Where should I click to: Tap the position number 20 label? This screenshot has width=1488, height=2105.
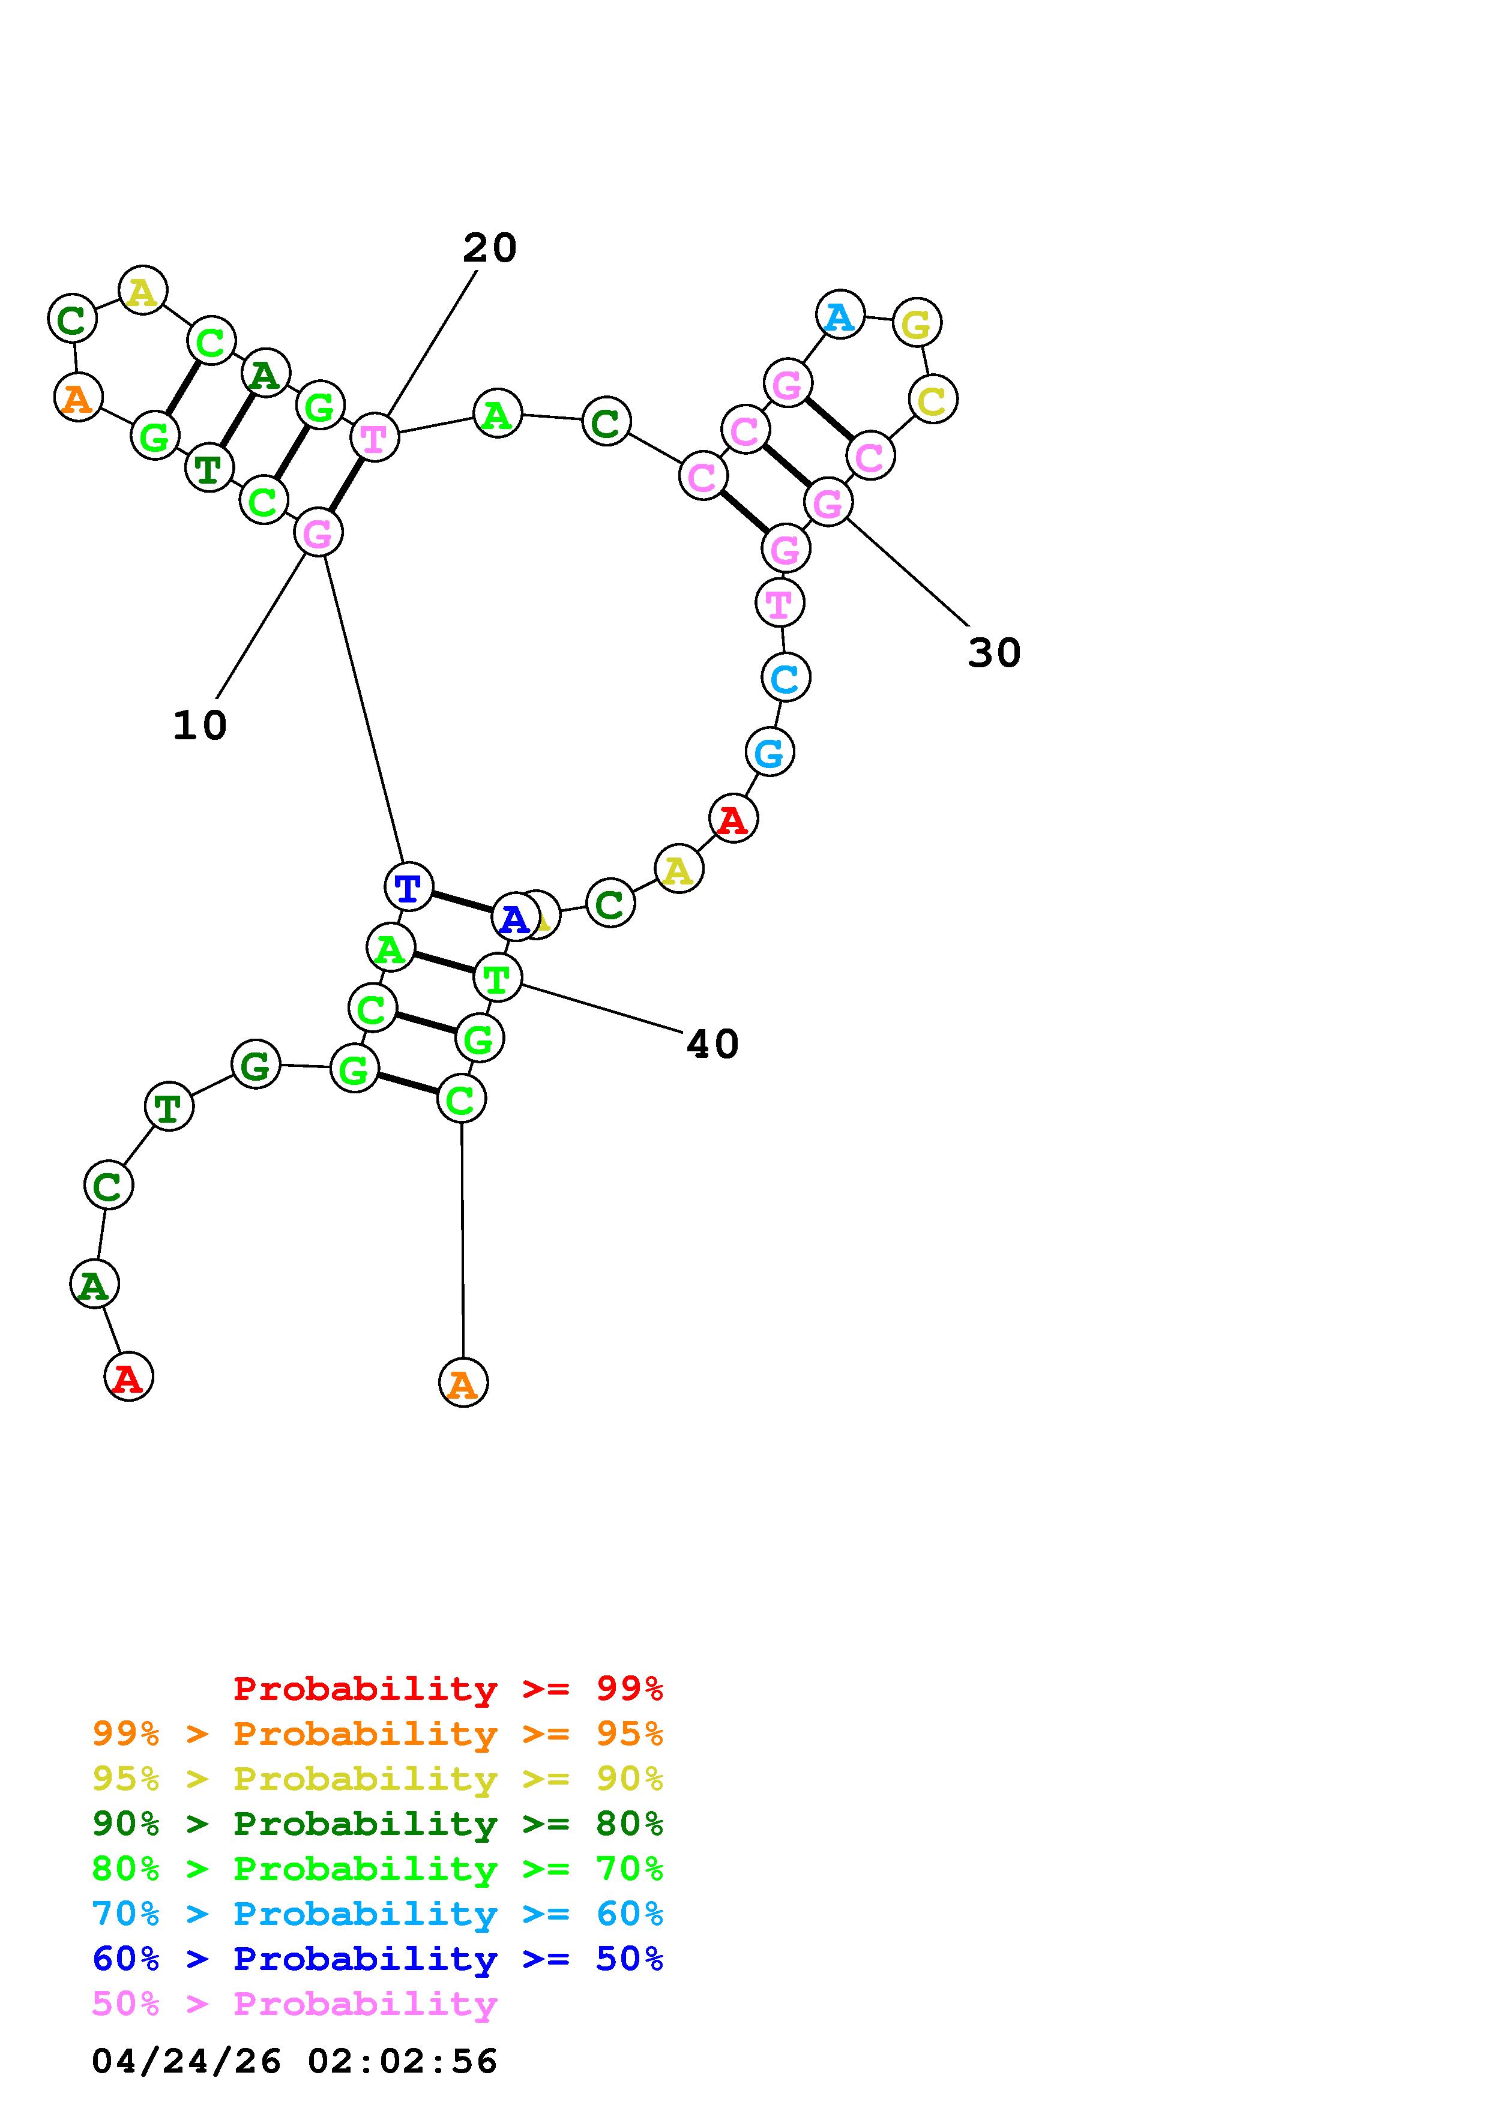click(490, 248)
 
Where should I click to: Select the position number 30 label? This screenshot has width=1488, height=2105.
click(994, 653)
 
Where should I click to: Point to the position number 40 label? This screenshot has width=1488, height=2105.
click(712, 1043)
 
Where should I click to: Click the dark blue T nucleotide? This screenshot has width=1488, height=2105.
click(408, 886)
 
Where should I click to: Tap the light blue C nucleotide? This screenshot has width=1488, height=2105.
click(786, 677)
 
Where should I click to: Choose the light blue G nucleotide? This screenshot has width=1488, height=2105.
click(770, 752)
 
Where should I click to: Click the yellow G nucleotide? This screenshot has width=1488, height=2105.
click(917, 323)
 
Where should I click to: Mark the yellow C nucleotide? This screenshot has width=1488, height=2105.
click(932, 400)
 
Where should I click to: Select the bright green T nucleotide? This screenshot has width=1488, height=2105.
click(497, 978)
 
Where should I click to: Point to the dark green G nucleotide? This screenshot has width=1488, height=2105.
click(256, 1065)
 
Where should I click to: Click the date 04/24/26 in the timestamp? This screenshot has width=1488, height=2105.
click(186, 2060)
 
